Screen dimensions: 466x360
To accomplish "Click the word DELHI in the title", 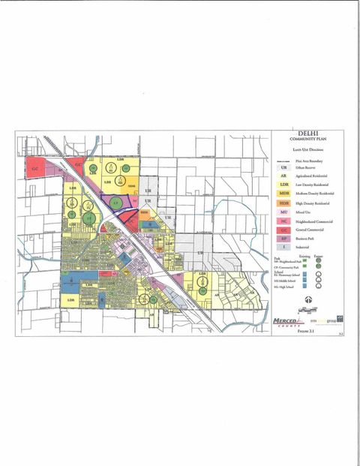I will click(306, 135).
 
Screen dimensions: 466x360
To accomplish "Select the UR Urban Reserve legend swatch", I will click(284, 168).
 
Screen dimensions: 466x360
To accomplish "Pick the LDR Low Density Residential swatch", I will click(284, 185).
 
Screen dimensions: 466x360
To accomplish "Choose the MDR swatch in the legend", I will click(284, 194).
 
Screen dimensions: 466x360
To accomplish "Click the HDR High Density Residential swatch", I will click(284, 203).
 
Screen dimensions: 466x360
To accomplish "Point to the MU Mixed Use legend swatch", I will click(284, 213).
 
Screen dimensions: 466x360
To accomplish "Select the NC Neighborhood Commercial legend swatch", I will click(284, 222).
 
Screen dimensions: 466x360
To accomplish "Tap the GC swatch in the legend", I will click(284, 230).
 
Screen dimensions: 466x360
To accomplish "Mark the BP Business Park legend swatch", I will click(284, 238).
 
